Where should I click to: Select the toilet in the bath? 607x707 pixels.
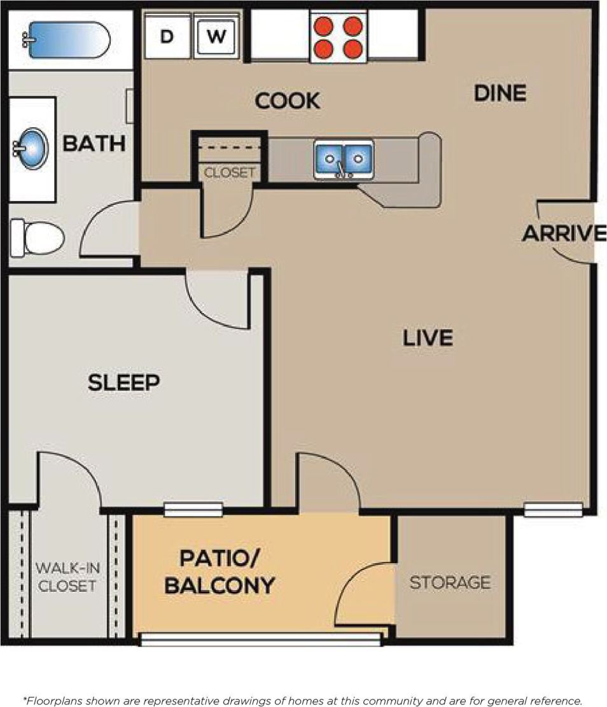click(x=38, y=237)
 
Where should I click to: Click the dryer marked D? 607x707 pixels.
click(x=167, y=37)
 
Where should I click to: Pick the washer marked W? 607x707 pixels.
click(x=216, y=37)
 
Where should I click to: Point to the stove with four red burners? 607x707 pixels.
click(x=338, y=37)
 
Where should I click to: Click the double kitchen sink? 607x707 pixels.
click(x=343, y=159)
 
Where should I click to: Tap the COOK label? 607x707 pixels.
click(x=287, y=101)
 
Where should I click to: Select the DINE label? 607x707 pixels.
click(x=500, y=94)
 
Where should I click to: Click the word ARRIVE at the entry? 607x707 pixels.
click(x=563, y=234)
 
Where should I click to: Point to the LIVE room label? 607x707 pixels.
click(x=428, y=337)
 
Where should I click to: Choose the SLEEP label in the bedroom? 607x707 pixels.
click(x=123, y=382)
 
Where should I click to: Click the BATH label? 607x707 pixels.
click(x=94, y=143)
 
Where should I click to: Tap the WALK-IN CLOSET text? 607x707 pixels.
click(x=66, y=577)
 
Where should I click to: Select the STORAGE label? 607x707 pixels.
click(x=450, y=582)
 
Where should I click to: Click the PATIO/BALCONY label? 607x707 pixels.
click(x=220, y=571)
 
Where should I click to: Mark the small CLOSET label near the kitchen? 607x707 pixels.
click(x=229, y=172)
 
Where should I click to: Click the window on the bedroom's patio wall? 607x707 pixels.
click(x=193, y=509)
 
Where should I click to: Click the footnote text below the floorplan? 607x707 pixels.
click(x=303, y=701)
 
